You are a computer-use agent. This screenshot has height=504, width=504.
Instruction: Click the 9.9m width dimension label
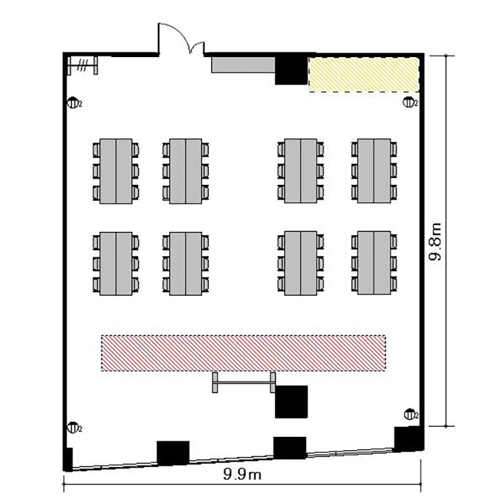242,474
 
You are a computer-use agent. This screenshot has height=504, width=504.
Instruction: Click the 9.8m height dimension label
435,241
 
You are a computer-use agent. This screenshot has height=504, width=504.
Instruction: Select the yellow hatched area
364,74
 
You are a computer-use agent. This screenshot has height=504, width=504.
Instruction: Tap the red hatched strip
244,353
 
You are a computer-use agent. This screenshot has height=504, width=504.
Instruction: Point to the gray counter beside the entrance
243,65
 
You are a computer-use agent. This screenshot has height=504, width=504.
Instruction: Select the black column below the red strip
291,402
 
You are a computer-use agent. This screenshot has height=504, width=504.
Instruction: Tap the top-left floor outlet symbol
74,103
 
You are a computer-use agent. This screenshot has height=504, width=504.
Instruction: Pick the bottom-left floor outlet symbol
74,428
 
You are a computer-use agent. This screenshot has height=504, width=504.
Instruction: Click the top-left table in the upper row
116,171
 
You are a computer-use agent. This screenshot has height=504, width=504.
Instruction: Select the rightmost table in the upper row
374,171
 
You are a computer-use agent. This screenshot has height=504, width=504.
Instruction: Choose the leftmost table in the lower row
116,263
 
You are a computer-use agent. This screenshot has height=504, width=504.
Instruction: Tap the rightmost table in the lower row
374,263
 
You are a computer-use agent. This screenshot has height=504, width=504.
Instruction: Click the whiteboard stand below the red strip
244,382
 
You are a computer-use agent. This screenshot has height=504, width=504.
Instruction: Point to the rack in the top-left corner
82,66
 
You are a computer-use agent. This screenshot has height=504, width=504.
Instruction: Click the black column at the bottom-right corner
408,439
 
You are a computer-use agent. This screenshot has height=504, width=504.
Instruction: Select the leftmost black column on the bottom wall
173,453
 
